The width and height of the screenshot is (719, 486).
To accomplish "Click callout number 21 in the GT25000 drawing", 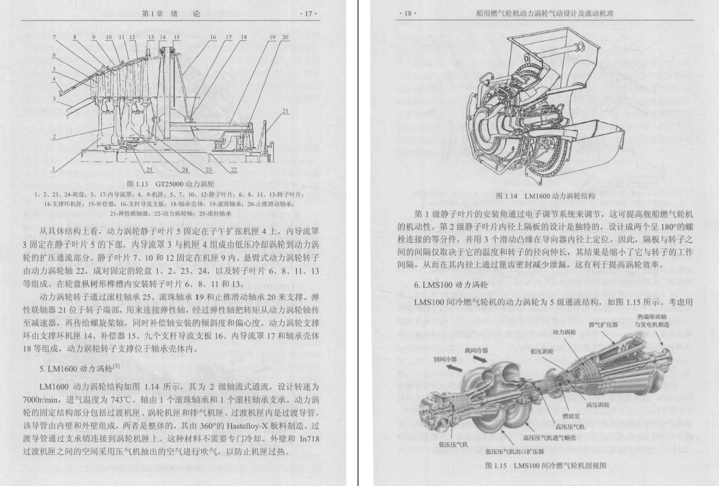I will click(x=285, y=111).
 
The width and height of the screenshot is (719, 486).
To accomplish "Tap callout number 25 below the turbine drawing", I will click(x=149, y=170).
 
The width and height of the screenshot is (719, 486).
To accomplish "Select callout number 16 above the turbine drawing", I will click(x=213, y=37).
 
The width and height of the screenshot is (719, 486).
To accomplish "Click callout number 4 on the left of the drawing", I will click(x=54, y=78).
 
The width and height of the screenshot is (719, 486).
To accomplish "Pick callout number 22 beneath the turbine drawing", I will click(x=233, y=170).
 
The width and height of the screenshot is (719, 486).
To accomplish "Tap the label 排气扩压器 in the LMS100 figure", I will click(x=603, y=324).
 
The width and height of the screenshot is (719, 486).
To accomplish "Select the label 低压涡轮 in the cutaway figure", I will click(x=542, y=351).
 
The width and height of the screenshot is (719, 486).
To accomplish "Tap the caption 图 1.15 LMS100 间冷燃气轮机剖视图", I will click(x=546, y=466).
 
